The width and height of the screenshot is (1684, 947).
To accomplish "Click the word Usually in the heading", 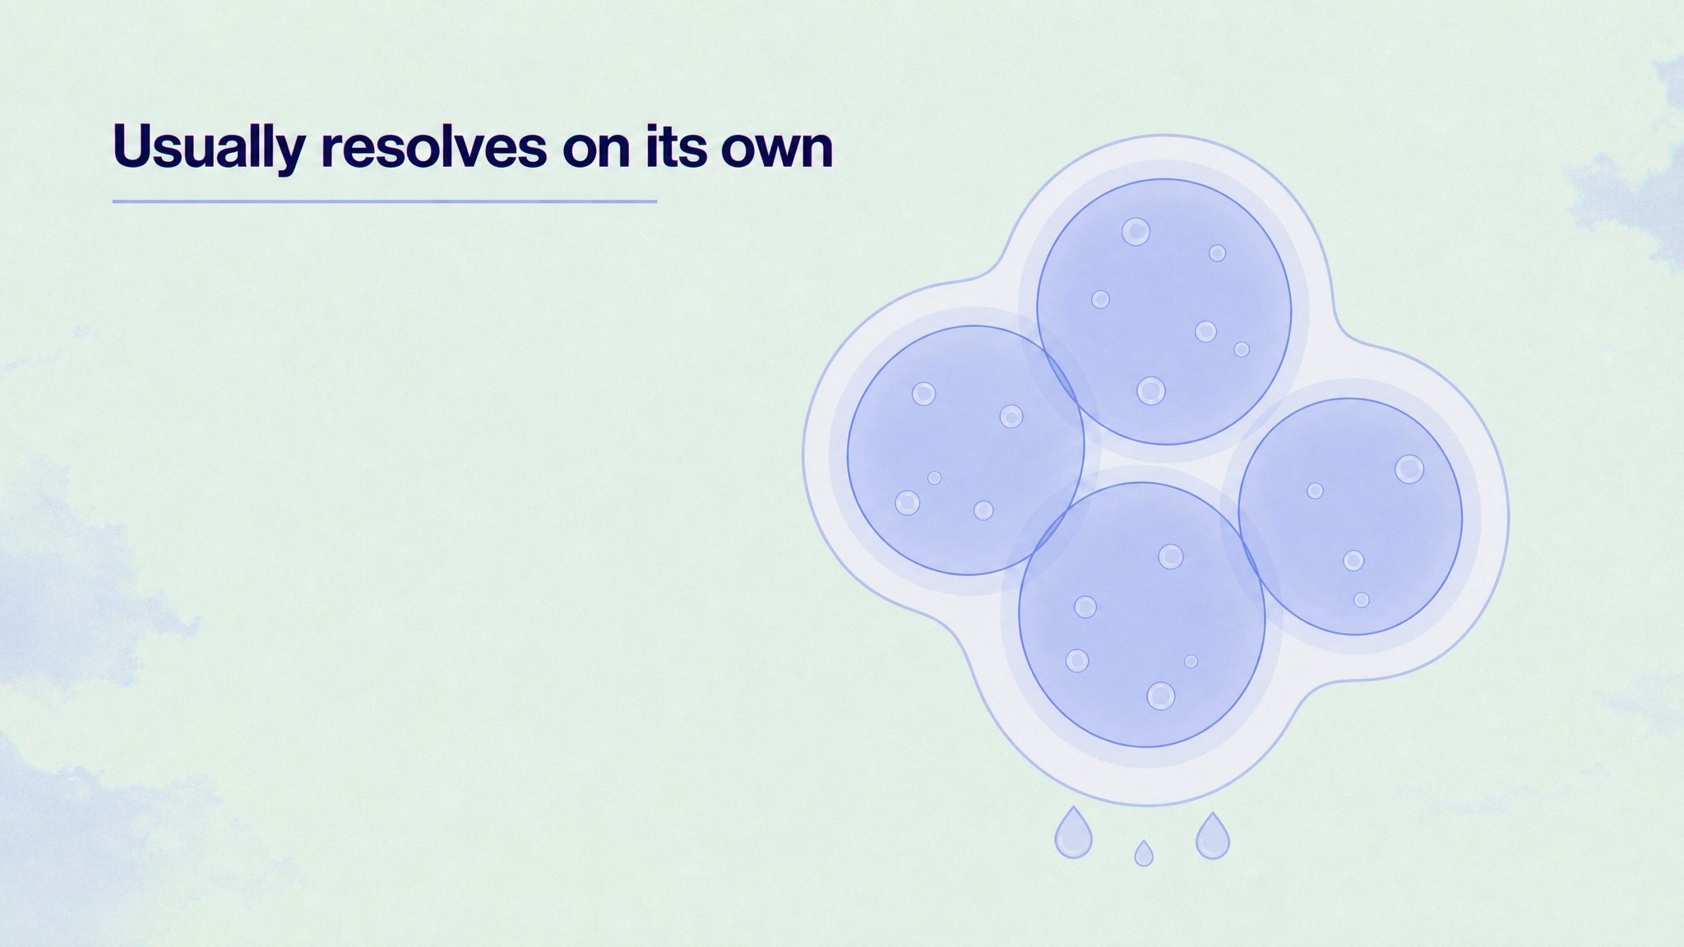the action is tap(209, 148).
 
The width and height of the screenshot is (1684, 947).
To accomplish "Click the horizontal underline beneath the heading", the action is tap(385, 201).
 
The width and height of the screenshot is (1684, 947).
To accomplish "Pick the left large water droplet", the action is tap(1073, 832).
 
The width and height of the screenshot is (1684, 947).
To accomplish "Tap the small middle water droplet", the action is tap(1143, 853).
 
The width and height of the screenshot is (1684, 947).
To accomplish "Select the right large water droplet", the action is tap(1212, 836).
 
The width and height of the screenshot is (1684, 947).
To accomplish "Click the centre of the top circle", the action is tap(1164, 312).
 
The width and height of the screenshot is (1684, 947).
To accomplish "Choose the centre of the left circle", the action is tap(966, 450).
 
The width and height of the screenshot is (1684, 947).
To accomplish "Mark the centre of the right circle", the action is tap(1350, 516).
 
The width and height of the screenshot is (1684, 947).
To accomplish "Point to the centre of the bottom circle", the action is tap(1142, 615).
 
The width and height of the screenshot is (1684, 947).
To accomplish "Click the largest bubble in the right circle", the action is tap(1409, 469).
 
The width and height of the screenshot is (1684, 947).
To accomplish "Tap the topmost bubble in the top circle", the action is tap(1136, 232).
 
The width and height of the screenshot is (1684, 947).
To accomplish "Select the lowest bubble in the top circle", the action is tap(1151, 391).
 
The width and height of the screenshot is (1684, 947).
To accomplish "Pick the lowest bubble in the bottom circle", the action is tap(1161, 696).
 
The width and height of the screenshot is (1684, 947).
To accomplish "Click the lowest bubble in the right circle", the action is tap(1362, 600).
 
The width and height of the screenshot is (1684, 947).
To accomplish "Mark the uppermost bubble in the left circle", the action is tap(924, 394).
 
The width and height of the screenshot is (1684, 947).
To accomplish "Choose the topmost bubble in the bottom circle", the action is tap(1171, 557).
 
